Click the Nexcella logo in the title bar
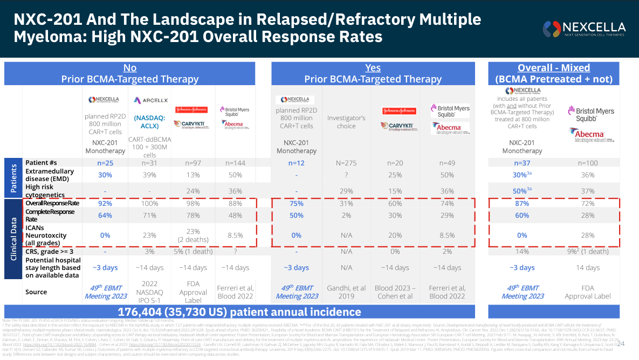585,28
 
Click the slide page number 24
621,344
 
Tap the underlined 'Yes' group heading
373,68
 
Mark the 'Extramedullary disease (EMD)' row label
51,175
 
